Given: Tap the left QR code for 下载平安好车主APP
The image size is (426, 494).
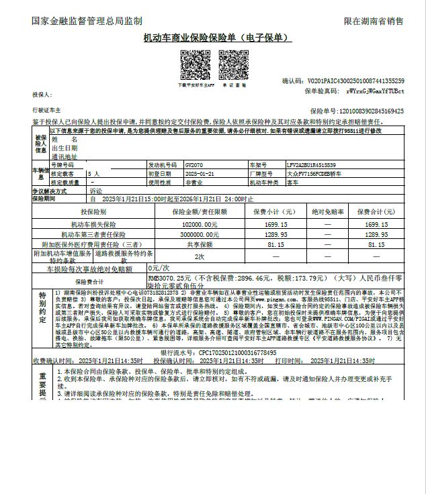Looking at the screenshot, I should click(196, 65).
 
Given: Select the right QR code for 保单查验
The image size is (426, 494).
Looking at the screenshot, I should click(235, 65).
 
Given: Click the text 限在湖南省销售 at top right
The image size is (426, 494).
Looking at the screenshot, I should click(374, 21).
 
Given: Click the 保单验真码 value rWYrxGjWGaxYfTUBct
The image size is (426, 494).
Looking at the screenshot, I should click(375, 90).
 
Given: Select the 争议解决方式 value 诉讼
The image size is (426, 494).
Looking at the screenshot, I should click(96, 191).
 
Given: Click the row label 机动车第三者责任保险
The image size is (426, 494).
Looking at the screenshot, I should click(93, 235).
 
